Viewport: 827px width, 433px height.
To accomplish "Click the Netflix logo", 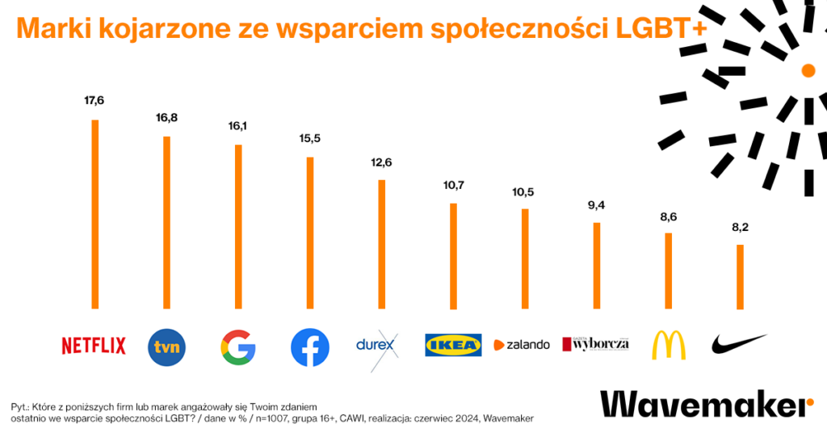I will click(x=94, y=346).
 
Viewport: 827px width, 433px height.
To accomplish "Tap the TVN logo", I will click(x=167, y=347).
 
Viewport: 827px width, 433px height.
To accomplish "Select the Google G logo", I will click(x=238, y=347).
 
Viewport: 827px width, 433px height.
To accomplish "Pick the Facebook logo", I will click(x=310, y=347).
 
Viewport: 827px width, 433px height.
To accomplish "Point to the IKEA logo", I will click(x=453, y=345).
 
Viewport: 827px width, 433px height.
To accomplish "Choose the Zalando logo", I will click(x=522, y=344).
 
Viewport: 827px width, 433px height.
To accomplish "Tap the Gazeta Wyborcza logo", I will click(x=596, y=344).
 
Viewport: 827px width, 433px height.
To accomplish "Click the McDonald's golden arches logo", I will click(x=668, y=345).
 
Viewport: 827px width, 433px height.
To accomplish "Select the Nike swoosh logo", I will click(x=738, y=344).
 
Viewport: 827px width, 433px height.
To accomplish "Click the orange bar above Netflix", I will click(x=95, y=214).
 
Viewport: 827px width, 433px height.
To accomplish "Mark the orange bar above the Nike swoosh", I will click(x=740, y=277).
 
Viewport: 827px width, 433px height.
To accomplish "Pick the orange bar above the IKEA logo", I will click(x=454, y=256).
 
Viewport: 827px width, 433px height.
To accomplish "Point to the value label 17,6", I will click(x=94, y=100).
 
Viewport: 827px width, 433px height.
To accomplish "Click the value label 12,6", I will click(x=381, y=162).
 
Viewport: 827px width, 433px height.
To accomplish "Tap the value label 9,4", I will click(x=596, y=205).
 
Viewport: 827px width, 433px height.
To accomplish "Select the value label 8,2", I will click(x=740, y=228).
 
